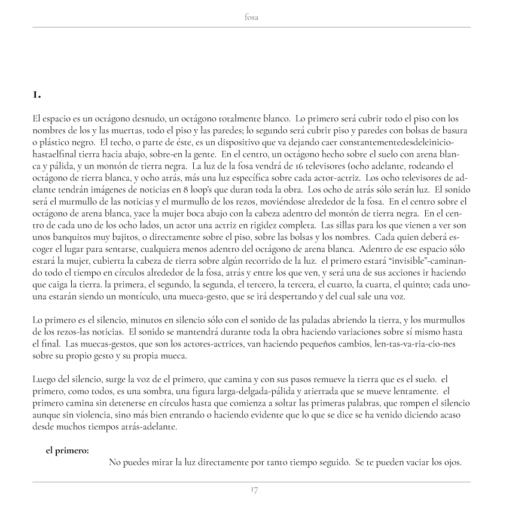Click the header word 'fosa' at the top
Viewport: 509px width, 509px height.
(252, 18)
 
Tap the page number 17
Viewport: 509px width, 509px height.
(254, 490)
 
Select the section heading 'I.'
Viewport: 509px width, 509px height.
(37, 95)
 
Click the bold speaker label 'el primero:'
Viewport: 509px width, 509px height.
(68, 451)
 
